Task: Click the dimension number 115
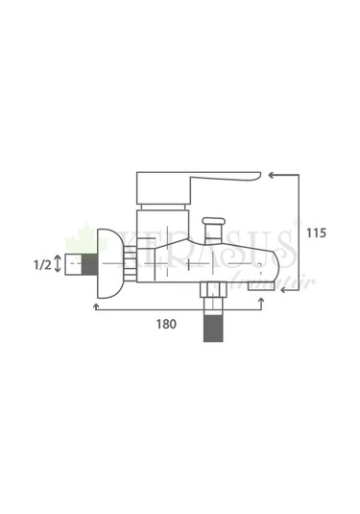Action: (x=318, y=233)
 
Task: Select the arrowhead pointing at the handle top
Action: (x=273, y=174)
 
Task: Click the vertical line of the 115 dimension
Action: (x=300, y=231)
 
